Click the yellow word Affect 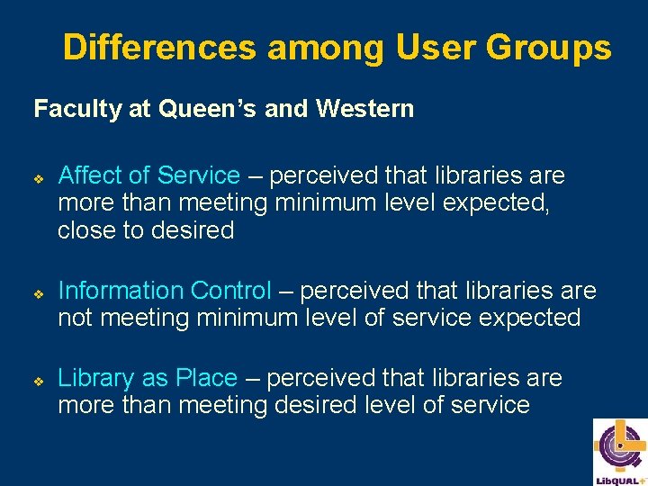[94, 175]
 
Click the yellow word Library [96, 378]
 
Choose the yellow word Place [204, 378]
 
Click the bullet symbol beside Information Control [39, 292]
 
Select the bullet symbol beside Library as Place [39, 380]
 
